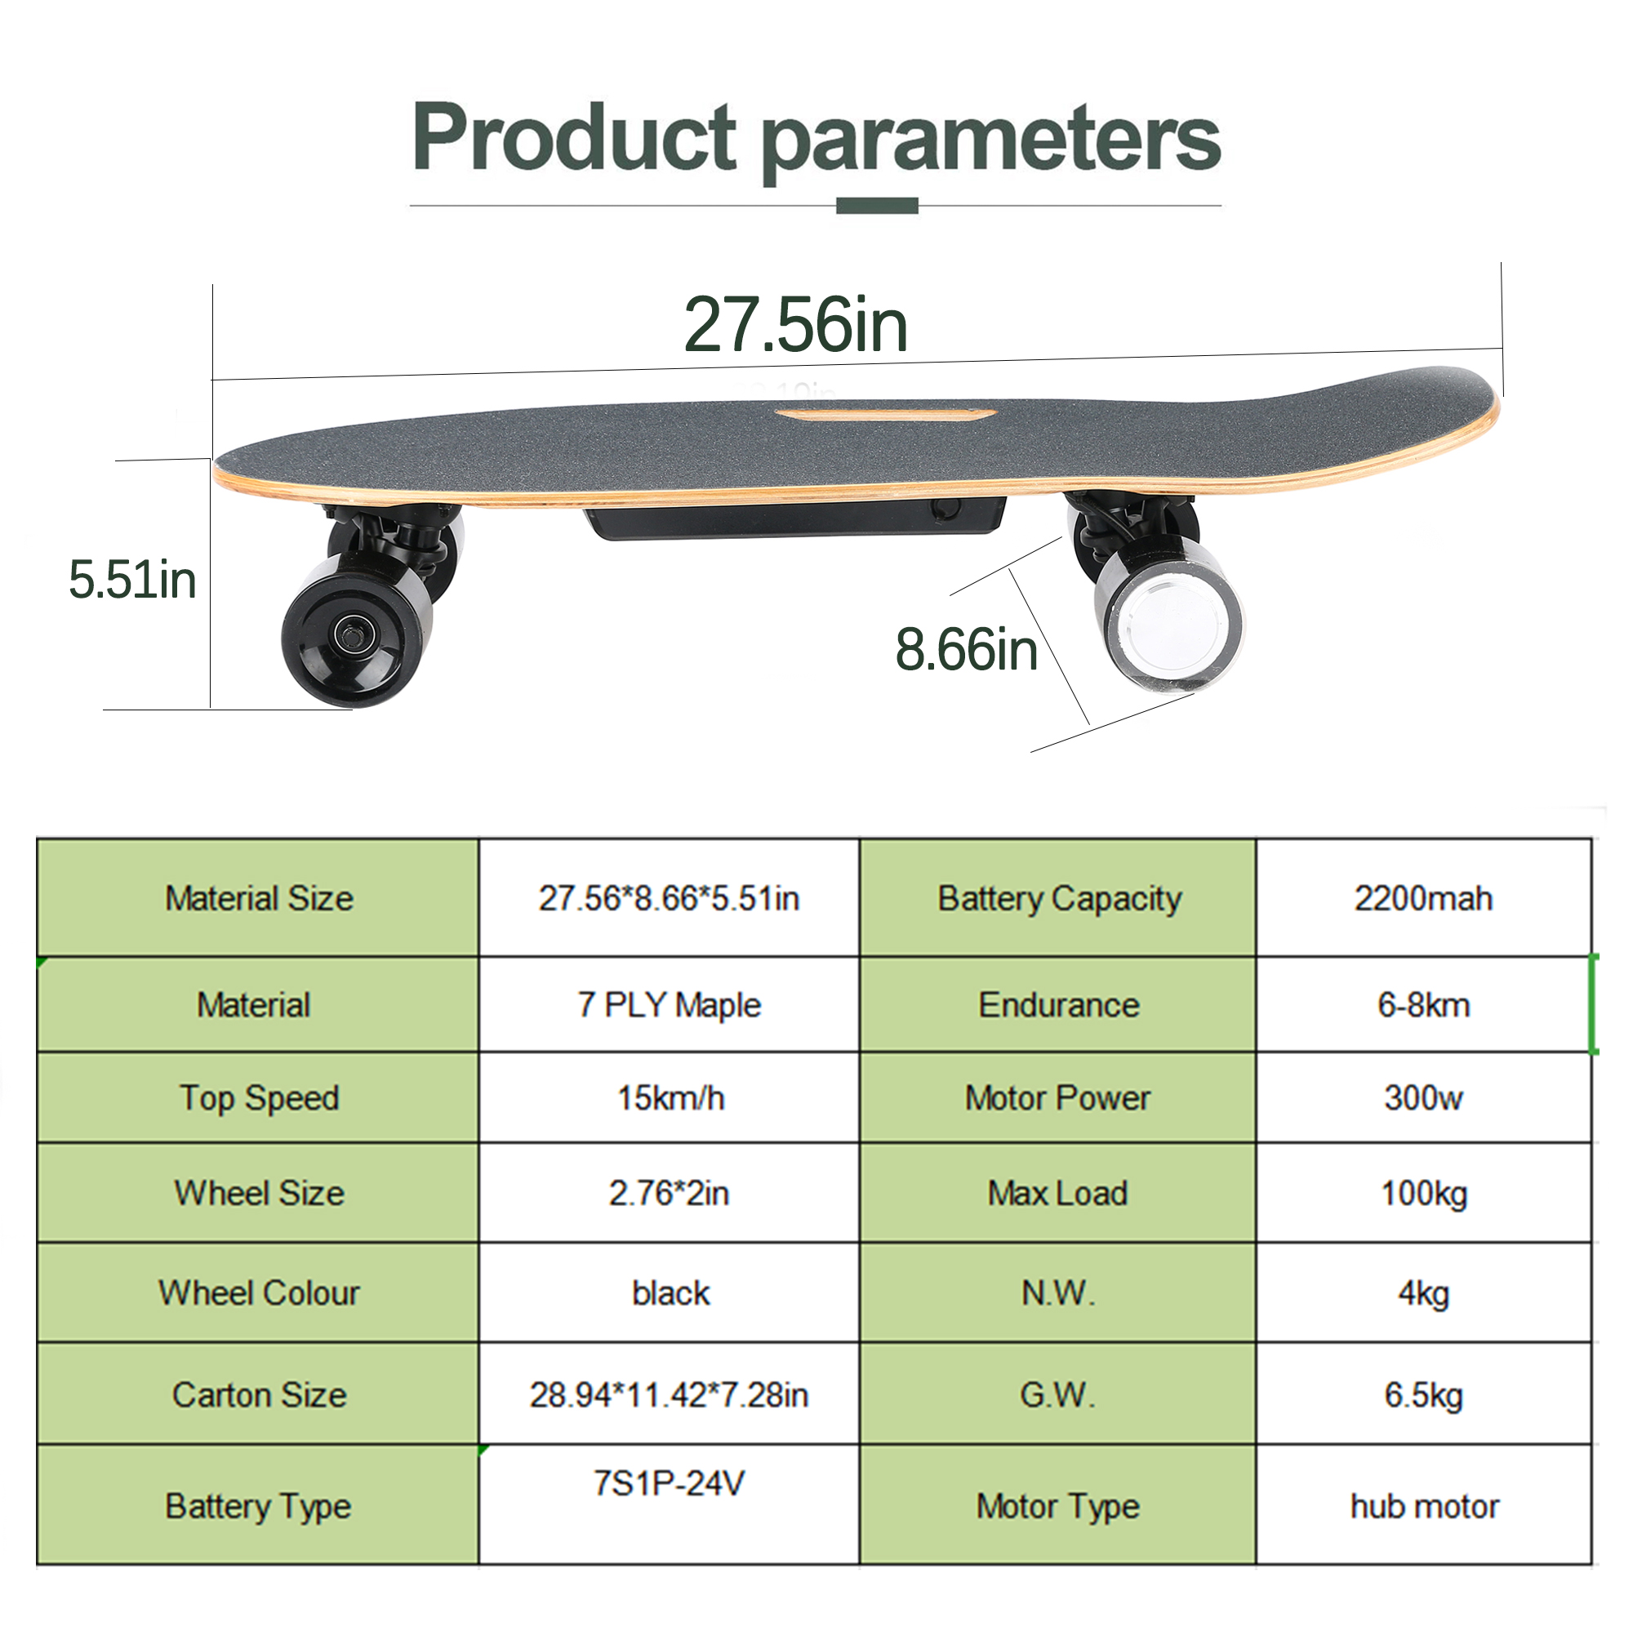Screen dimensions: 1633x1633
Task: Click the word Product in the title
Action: pyautogui.click(x=575, y=138)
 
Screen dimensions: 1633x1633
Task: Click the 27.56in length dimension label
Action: pyautogui.click(x=795, y=326)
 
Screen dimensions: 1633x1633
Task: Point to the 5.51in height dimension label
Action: pyautogui.click(x=133, y=581)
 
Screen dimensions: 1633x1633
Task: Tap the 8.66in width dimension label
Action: pyautogui.click(x=966, y=650)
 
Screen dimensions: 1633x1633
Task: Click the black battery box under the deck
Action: pyautogui.click(x=794, y=518)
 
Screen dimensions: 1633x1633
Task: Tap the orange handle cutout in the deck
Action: pyautogui.click(x=885, y=416)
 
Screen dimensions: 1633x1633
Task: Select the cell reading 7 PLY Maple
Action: pyautogui.click(x=669, y=1005)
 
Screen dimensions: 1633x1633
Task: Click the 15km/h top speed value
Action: pyautogui.click(x=670, y=1098)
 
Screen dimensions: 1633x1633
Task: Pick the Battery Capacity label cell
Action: pyautogui.click(x=1058, y=898)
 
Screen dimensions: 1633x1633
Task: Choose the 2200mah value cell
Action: pyautogui.click(x=1423, y=898)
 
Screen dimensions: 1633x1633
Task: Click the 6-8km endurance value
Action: pyautogui.click(x=1423, y=1005)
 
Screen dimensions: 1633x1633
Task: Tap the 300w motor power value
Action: pyautogui.click(x=1423, y=1098)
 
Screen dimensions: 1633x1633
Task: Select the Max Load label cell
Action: pyautogui.click(x=1057, y=1194)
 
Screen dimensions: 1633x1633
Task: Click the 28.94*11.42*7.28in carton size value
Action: pyautogui.click(x=669, y=1395)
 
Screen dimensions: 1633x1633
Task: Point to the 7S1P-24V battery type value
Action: pyautogui.click(x=669, y=1484)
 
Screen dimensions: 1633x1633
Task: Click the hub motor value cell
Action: pyautogui.click(x=1424, y=1506)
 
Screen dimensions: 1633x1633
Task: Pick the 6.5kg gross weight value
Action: pyautogui.click(x=1423, y=1395)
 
